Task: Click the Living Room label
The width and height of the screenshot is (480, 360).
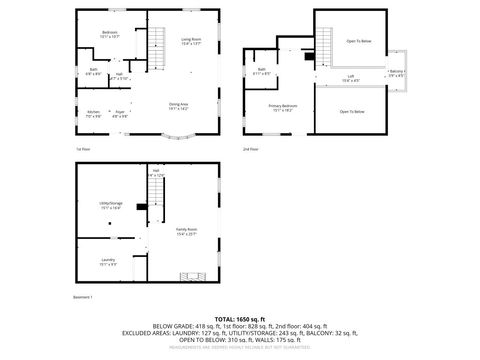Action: (191, 41)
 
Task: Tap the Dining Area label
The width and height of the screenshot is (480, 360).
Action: (179, 106)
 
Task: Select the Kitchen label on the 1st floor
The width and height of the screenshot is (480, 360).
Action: (93, 112)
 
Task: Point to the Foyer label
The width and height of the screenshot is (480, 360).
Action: (119, 112)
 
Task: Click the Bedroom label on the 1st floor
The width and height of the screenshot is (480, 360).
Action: (109, 34)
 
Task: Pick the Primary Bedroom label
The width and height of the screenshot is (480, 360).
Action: (282, 106)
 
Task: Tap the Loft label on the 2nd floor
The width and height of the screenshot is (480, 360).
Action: (351, 77)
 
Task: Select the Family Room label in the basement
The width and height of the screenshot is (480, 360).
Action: (186, 231)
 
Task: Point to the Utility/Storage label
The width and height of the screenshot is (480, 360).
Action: (110, 204)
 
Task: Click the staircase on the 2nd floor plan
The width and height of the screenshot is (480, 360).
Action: (325, 45)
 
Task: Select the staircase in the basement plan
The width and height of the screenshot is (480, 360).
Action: (190, 276)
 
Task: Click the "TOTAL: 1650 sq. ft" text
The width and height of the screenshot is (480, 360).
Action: (240, 317)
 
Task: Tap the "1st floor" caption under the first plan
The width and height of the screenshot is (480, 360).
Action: (84, 148)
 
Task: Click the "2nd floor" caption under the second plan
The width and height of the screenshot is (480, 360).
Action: (249, 148)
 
